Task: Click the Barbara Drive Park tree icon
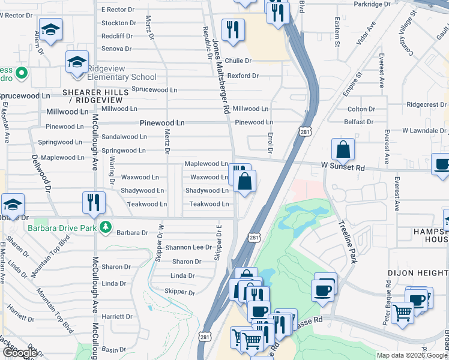pyautogui.click(x=106, y=226)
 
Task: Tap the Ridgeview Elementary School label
pyautogui.click(x=122, y=77)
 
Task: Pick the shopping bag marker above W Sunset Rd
pyautogui.click(x=342, y=149)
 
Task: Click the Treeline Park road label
pyautogui.click(x=348, y=241)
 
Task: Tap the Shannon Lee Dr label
pyautogui.click(x=188, y=247)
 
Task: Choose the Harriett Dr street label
pyautogui.click(x=117, y=316)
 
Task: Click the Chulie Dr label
pyautogui.click(x=238, y=61)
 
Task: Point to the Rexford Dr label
pyautogui.click(x=243, y=76)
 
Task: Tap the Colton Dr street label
pyautogui.click(x=361, y=109)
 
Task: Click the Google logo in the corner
pyautogui.click(x=20, y=353)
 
